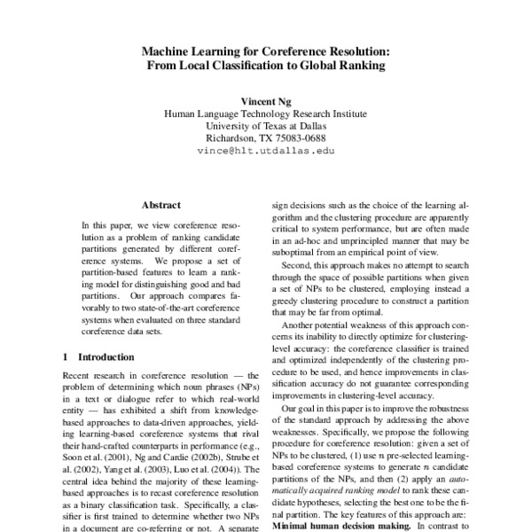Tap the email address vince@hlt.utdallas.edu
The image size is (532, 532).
pos(266,151)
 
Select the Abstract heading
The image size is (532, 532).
pos(160,203)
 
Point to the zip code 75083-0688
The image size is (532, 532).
pos(297,138)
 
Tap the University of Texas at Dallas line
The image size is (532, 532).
pos(266,126)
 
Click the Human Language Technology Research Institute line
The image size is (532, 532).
pos(266,113)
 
